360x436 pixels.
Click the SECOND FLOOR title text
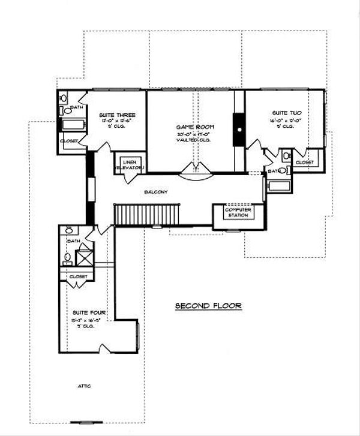208,306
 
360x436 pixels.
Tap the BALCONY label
155,192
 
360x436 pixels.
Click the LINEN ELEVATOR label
130,166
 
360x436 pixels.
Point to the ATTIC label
83,386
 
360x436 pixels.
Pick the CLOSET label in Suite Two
305,162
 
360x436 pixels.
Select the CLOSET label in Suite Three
68,142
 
